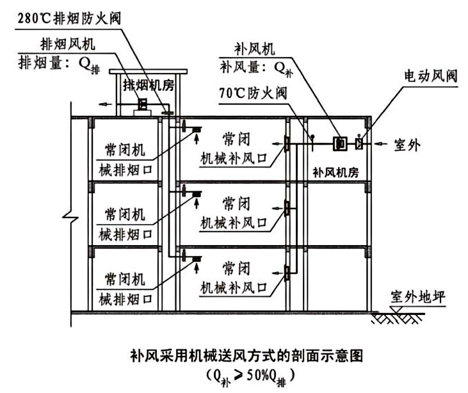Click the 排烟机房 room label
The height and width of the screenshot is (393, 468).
149,85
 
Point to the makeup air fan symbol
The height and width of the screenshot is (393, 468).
339,144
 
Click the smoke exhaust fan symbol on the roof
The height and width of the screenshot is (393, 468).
143,104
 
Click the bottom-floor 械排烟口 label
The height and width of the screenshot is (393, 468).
125,299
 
